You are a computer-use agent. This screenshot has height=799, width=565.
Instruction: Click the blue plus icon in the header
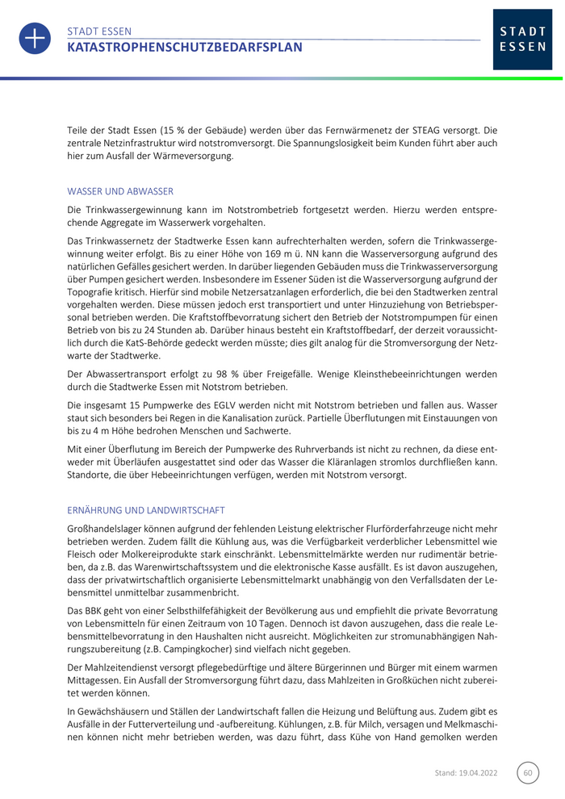(x=35, y=39)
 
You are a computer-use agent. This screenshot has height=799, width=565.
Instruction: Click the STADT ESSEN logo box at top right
(x=522, y=40)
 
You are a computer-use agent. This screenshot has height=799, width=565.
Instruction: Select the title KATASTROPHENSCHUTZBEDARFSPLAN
(x=185, y=48)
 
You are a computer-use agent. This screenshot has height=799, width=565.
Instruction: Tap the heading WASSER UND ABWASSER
(x=120, y=191)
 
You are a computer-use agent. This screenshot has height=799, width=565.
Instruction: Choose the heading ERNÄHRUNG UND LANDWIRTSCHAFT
(x=145, y=510)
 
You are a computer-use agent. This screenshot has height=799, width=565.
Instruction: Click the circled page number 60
(x=528, y=772)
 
